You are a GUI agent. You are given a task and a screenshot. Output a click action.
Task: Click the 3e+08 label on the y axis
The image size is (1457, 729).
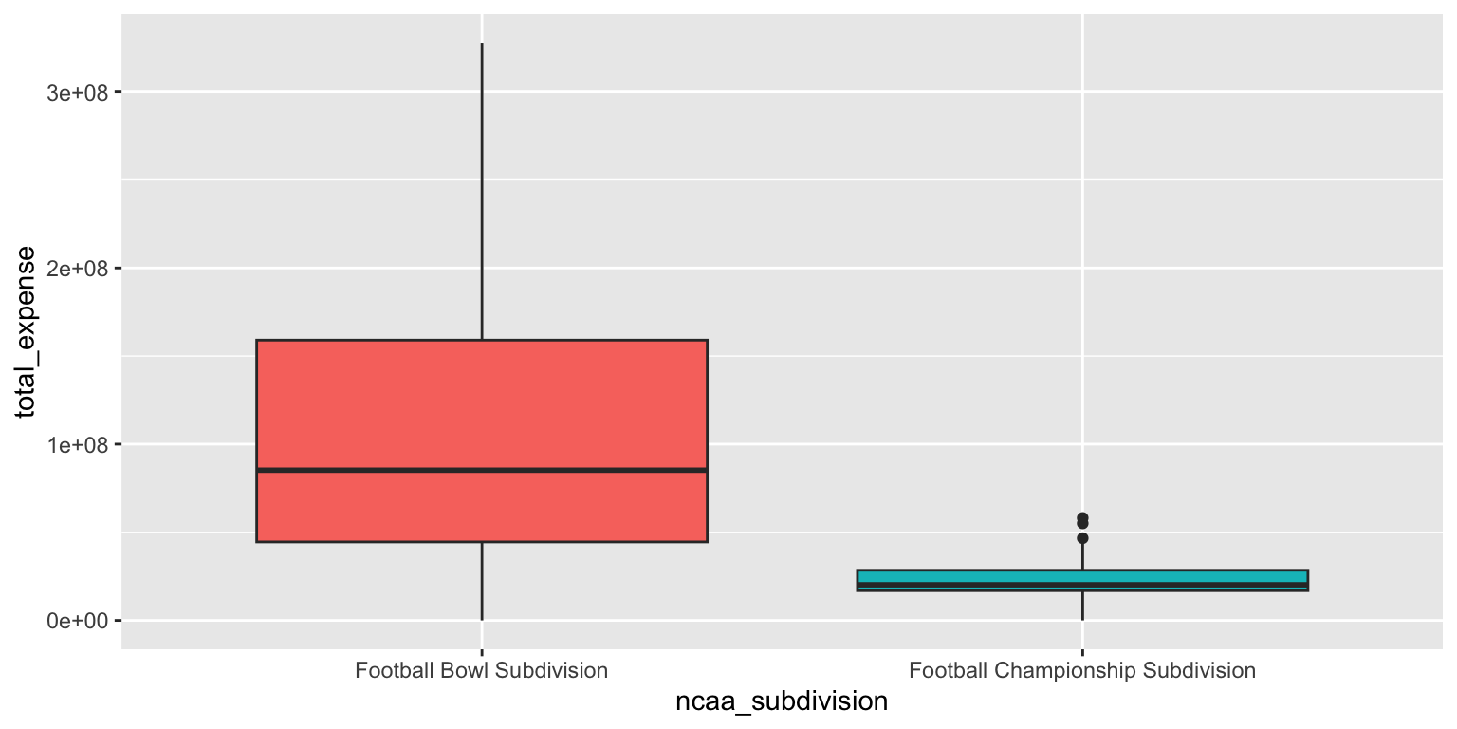tap(77, 93)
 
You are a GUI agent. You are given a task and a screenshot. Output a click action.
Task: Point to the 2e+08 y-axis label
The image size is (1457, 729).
tap(77, 269)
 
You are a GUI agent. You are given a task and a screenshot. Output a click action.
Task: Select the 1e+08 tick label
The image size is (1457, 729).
tap(77, 444)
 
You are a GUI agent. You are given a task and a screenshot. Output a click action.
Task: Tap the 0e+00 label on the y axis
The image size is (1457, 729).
tap(77, 621)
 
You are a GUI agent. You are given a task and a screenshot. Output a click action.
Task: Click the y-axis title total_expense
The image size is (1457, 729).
tap(25, 332)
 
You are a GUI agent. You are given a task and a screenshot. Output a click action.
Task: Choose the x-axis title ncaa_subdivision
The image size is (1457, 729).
tap(782, 701)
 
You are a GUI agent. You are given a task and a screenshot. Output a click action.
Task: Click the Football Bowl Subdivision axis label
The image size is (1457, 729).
tap(481, 670)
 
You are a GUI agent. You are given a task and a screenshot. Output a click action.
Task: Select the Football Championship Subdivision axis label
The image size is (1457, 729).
tap(1082, 670)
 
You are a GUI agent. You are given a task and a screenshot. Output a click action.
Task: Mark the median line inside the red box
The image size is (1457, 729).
tap(482, 470)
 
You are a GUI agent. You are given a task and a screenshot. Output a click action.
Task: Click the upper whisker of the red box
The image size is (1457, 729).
tap(482, 192)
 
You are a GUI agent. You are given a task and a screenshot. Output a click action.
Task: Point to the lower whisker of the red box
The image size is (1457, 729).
tap(482, 581)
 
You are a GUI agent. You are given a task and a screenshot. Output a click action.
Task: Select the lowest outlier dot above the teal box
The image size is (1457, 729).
tap(1082, 538)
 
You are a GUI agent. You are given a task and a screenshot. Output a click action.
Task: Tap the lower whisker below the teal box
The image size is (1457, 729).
tap(1082, 606)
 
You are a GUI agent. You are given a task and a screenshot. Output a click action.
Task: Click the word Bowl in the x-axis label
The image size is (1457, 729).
tap(462, 670)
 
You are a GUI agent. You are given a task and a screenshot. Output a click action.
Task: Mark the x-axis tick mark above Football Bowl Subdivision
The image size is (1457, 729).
tap(482, 652)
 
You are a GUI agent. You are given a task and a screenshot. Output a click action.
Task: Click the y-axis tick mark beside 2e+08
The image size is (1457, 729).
tap(118, 269)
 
